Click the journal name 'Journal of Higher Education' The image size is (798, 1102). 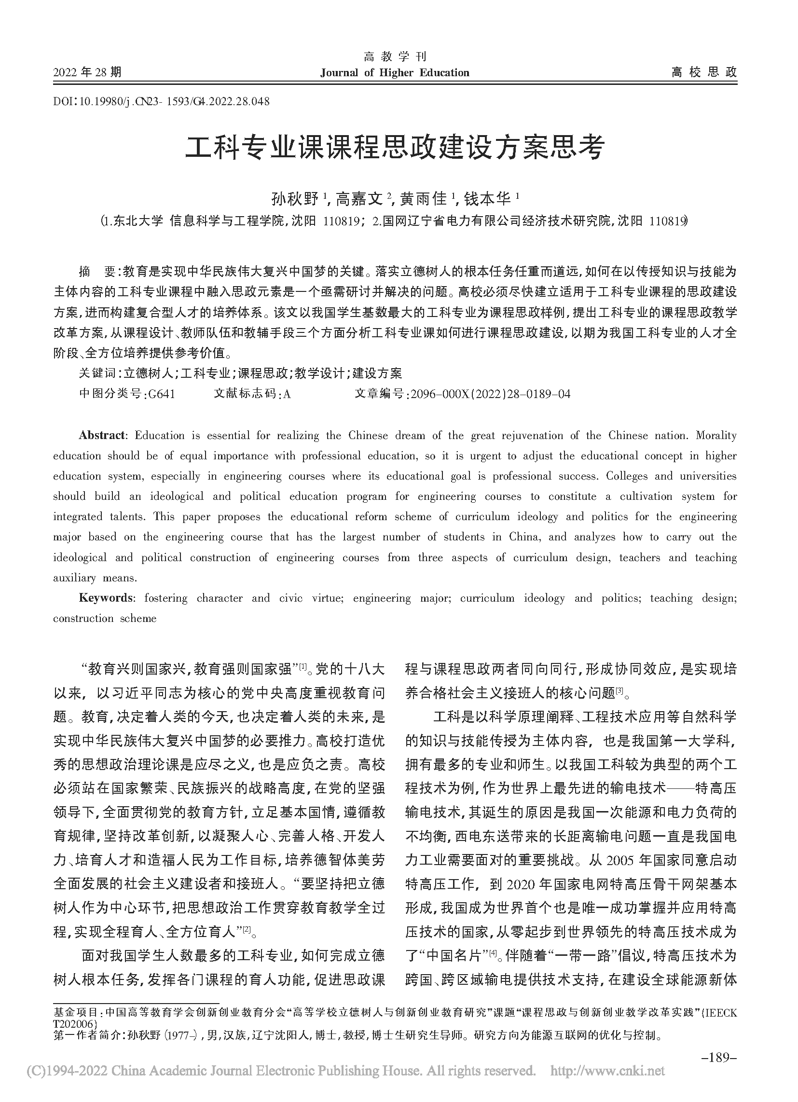[x=395, y=73]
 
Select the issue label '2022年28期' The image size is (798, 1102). [x=87, y=73]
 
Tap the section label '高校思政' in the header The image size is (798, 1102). [x=704, y=73]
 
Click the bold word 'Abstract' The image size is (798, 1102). [x=102, y=435]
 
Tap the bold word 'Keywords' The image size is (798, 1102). [x=105, y=598]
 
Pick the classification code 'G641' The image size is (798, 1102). [x=161, y=394]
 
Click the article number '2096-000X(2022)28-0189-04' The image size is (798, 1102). [x=490, y=394]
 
